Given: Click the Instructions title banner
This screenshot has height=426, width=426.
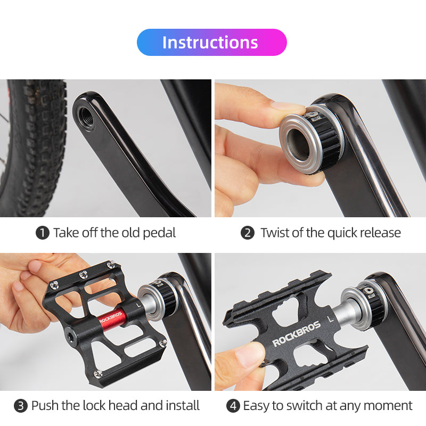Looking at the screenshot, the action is pos(211,43).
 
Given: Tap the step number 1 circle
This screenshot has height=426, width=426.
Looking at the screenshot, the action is pos(43,233).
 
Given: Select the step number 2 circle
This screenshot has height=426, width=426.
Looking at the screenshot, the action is pos(248,233).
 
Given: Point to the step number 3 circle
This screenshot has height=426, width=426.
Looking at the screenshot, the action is pos(21,406).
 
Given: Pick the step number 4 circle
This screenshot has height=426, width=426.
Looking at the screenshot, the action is pos(233,406).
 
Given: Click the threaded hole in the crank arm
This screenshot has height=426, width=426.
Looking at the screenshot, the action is pos(86,118).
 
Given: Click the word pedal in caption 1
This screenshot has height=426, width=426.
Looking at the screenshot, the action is pos(159,233).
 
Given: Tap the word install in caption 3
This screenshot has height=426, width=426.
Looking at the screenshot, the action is pos(183,406).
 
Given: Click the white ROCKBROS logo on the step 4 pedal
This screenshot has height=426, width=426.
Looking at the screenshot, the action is pos(296,334).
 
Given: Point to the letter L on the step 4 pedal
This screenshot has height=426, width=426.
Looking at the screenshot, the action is pos(331,319).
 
